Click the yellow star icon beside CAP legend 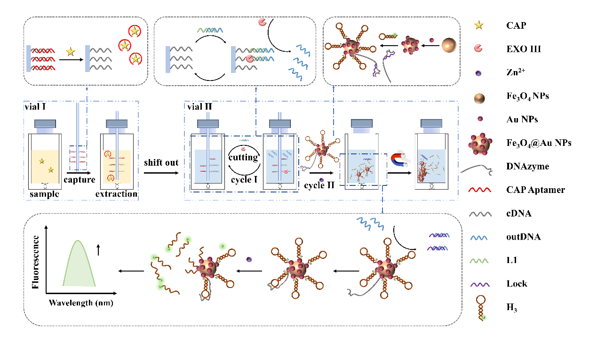(x=479, y=25)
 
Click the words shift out (x=161, y=162)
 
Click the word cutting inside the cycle (x=243, y=157)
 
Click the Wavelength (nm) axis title (x=81, y=303)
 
